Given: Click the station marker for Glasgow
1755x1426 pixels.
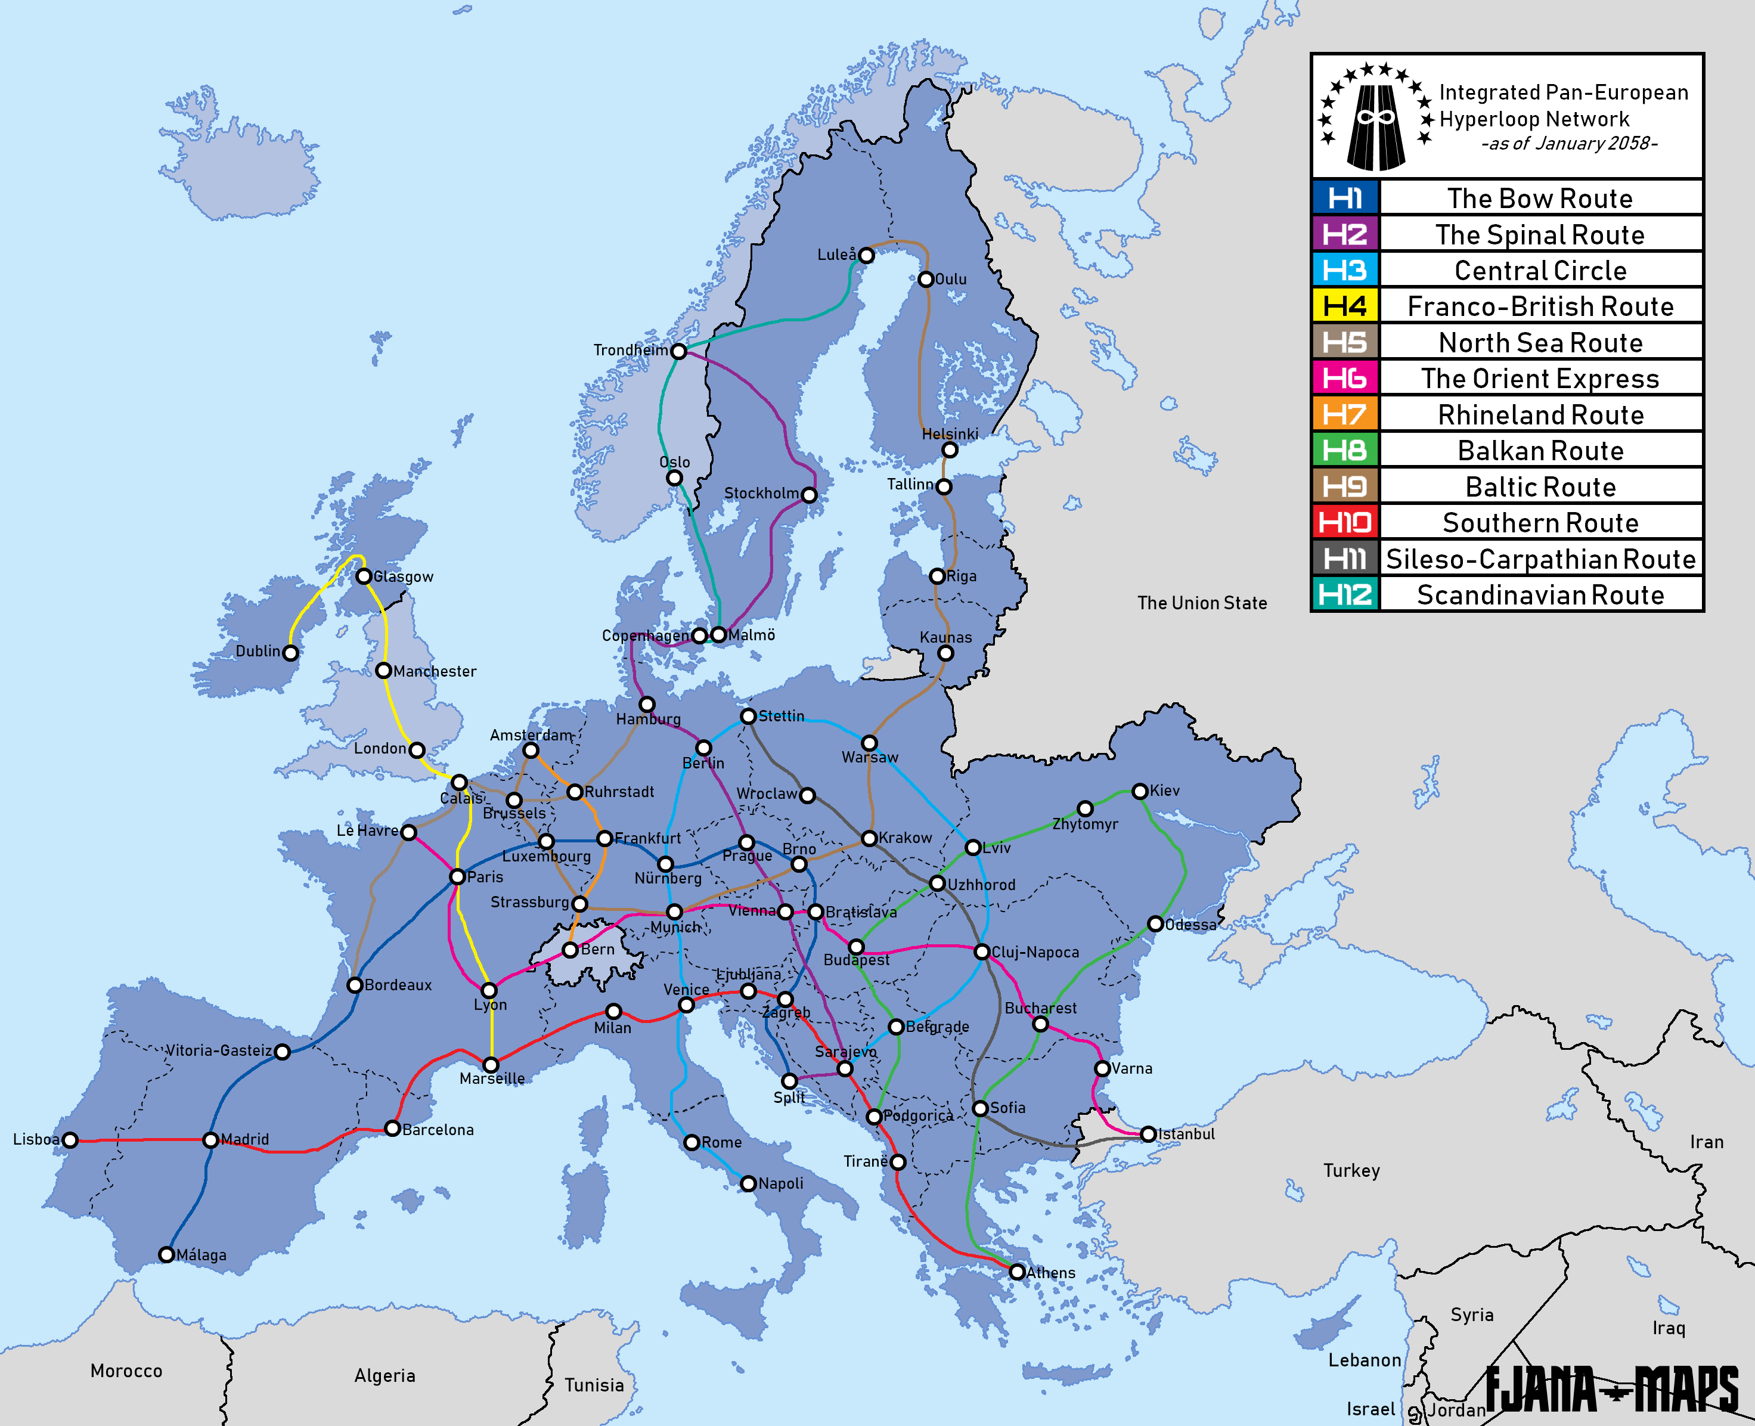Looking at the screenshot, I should pos(364,576).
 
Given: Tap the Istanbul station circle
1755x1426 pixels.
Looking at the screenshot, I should pos(1148,1134).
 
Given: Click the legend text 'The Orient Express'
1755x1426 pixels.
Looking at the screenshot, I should pos(1540,379).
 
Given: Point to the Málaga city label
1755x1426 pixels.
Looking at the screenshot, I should pos(201,1255).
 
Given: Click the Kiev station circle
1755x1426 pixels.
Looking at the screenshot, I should pos(1140,791).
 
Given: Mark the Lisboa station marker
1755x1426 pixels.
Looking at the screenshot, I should pos(70,1140).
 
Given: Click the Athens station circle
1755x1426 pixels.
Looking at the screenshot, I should pos(1018,1272).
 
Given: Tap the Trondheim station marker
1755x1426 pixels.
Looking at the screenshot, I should pos(678,352).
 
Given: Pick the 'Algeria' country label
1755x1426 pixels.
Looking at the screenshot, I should pos(385,1376).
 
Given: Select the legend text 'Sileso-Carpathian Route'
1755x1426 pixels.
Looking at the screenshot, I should pos(1540,559).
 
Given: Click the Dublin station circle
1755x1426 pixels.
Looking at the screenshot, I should pos(291,653).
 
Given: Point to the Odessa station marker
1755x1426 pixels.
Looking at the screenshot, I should pos(1155,924).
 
